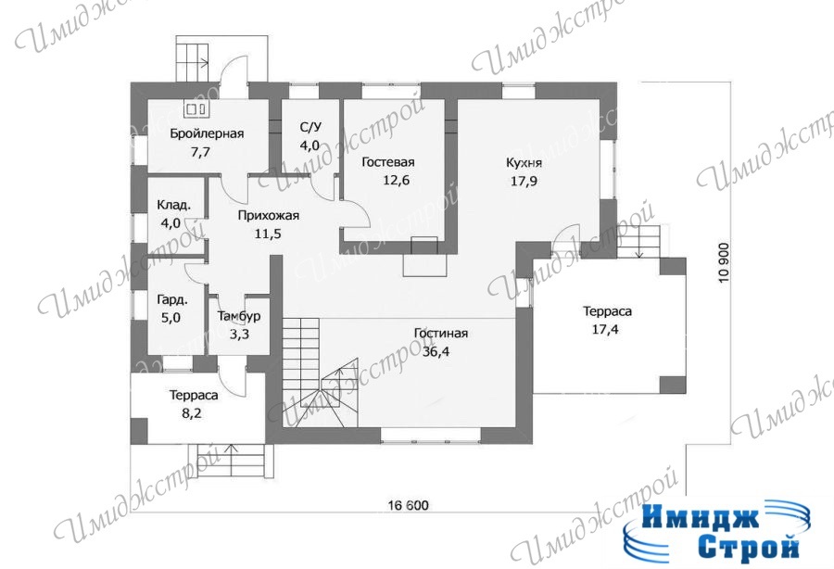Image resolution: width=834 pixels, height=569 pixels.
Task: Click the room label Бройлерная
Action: coord(207,133)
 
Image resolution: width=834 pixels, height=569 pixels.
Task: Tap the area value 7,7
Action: coord(200,152)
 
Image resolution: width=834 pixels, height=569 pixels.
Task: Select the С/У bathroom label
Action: coord(310,127)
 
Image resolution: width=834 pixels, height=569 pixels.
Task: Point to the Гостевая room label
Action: coord(387,162)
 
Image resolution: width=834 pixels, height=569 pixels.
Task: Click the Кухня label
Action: coord(524,163)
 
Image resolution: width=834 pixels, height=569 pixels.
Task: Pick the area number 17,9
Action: coord(524,181)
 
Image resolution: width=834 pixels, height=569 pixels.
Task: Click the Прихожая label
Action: coord(268,216)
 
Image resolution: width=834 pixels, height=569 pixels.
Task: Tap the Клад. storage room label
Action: coord(173,205)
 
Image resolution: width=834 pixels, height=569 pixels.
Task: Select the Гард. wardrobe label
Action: coord(172,300)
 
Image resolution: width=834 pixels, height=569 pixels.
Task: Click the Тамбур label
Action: coord(239,316)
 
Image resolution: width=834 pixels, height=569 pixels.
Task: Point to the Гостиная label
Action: coord(441,334)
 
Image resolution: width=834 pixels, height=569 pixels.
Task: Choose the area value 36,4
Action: coord(436,351)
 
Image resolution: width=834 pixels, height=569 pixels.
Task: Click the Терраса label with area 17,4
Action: coord(607,311)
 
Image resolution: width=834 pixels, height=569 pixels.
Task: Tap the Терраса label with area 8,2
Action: coord(194,396)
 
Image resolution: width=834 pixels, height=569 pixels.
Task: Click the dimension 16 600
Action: coord(408,505)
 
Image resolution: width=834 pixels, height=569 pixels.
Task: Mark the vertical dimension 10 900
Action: coord(724,262)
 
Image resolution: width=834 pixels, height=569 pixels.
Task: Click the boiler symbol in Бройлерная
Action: coord(196,108)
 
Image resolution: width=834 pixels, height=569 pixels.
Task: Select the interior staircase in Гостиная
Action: coord(321,373)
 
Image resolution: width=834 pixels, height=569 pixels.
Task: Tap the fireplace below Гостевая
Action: coord(424,257)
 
